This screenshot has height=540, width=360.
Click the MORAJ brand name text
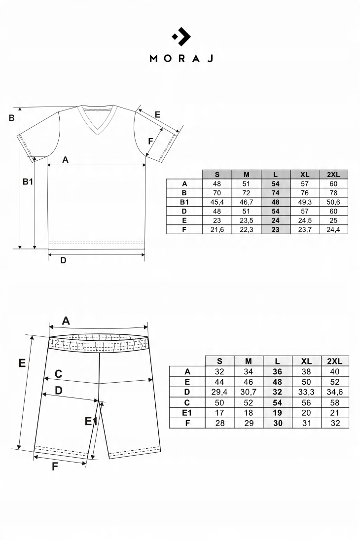[180, 58]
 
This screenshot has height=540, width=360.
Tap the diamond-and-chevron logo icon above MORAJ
[180, 36]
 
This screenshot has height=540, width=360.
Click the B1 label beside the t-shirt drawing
[28, 181]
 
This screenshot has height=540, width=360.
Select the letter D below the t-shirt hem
[63, 260]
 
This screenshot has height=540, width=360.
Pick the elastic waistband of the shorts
[99, 343]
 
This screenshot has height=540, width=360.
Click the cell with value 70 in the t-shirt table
[217, 192]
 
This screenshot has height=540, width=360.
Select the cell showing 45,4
[217, 202]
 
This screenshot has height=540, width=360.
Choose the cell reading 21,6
[217, 229]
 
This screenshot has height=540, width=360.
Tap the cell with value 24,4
[334, 229]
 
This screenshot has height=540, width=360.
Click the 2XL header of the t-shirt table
[334, 174]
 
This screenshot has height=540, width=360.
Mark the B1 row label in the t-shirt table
[184, 202]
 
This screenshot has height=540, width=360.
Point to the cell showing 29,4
[219, 392]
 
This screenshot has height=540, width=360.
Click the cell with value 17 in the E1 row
[219, 413]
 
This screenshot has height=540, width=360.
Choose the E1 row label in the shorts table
[187, 413]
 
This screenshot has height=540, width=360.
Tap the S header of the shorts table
[219, 361]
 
